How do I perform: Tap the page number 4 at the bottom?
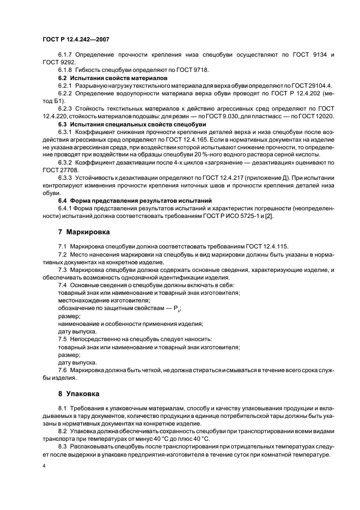(x=44, y=467)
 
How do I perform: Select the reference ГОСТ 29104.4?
(x=312, y=86)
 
